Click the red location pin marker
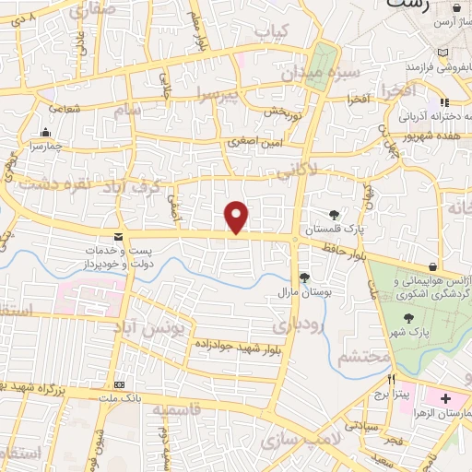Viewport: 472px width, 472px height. [x=237, y=217]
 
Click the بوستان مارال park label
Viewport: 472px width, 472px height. [x=298, y=291]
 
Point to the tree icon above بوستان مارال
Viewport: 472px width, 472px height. [x=304, y=277]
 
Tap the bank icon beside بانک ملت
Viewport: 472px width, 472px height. [x=118, y=383]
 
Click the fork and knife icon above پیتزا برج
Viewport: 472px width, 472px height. [x=392, y=379]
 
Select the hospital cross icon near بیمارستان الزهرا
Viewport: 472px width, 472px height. [x=446, y=399]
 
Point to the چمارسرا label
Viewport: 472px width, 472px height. [x=41, y=146]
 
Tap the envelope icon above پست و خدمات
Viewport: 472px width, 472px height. [x=119, y=237]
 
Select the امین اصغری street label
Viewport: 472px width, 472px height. [x=251, y=143]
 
